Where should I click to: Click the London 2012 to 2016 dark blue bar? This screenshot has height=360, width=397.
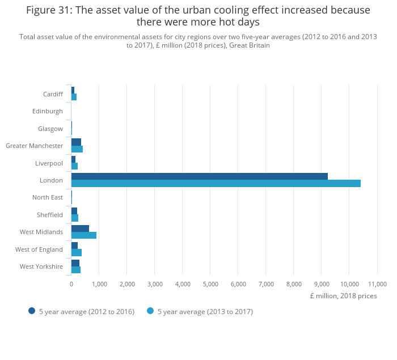199,176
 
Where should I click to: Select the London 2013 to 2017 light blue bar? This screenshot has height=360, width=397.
216,184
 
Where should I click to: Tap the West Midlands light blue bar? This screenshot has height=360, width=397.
84,235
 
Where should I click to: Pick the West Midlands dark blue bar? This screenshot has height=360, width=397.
80,228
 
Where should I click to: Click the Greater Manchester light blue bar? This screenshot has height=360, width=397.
77,149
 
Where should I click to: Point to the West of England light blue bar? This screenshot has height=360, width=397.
77,252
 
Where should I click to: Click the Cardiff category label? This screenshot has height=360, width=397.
53,94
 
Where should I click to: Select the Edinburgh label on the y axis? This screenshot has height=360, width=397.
48,111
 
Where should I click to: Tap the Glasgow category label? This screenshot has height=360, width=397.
50,129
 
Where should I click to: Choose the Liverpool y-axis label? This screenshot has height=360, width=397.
49,163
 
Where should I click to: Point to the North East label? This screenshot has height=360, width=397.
48,197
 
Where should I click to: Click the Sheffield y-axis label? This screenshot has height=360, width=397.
49,215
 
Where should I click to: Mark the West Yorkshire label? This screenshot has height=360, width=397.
41,266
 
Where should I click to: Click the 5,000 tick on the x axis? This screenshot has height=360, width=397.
210,284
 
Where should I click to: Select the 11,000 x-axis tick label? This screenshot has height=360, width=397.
377,284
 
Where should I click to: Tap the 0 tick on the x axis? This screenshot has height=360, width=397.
71,284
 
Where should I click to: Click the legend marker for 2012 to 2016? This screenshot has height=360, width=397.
32,311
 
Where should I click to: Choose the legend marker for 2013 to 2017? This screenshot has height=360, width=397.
150,311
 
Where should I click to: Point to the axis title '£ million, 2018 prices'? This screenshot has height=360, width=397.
343,296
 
